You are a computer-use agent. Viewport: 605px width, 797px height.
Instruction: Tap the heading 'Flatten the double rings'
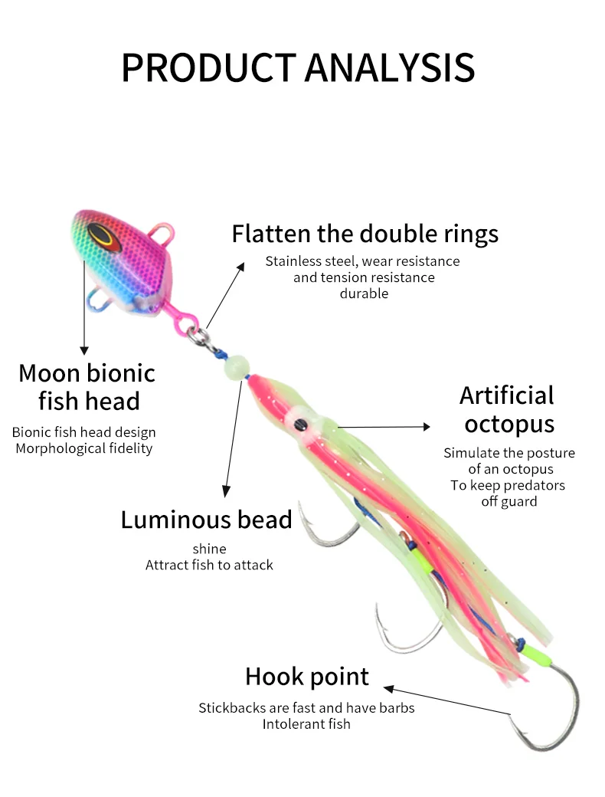pos(365,233)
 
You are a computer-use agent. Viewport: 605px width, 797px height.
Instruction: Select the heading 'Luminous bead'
pos(206,520)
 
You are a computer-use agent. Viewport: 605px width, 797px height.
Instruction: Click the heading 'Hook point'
pos(307,677)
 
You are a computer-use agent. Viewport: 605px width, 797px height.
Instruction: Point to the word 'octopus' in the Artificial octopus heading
pos(509,424)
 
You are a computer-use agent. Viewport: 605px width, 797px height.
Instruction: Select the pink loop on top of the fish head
pos(162,230)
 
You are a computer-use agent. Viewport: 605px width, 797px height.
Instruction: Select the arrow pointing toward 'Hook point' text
pos(444,700)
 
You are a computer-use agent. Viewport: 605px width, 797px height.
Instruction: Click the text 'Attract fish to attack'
pos(209,565)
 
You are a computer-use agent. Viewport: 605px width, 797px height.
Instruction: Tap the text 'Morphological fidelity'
pos(84,448)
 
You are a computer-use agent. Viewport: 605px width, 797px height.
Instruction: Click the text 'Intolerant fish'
pos(306,723)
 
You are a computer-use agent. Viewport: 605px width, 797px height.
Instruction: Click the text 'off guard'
pos(509,501)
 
